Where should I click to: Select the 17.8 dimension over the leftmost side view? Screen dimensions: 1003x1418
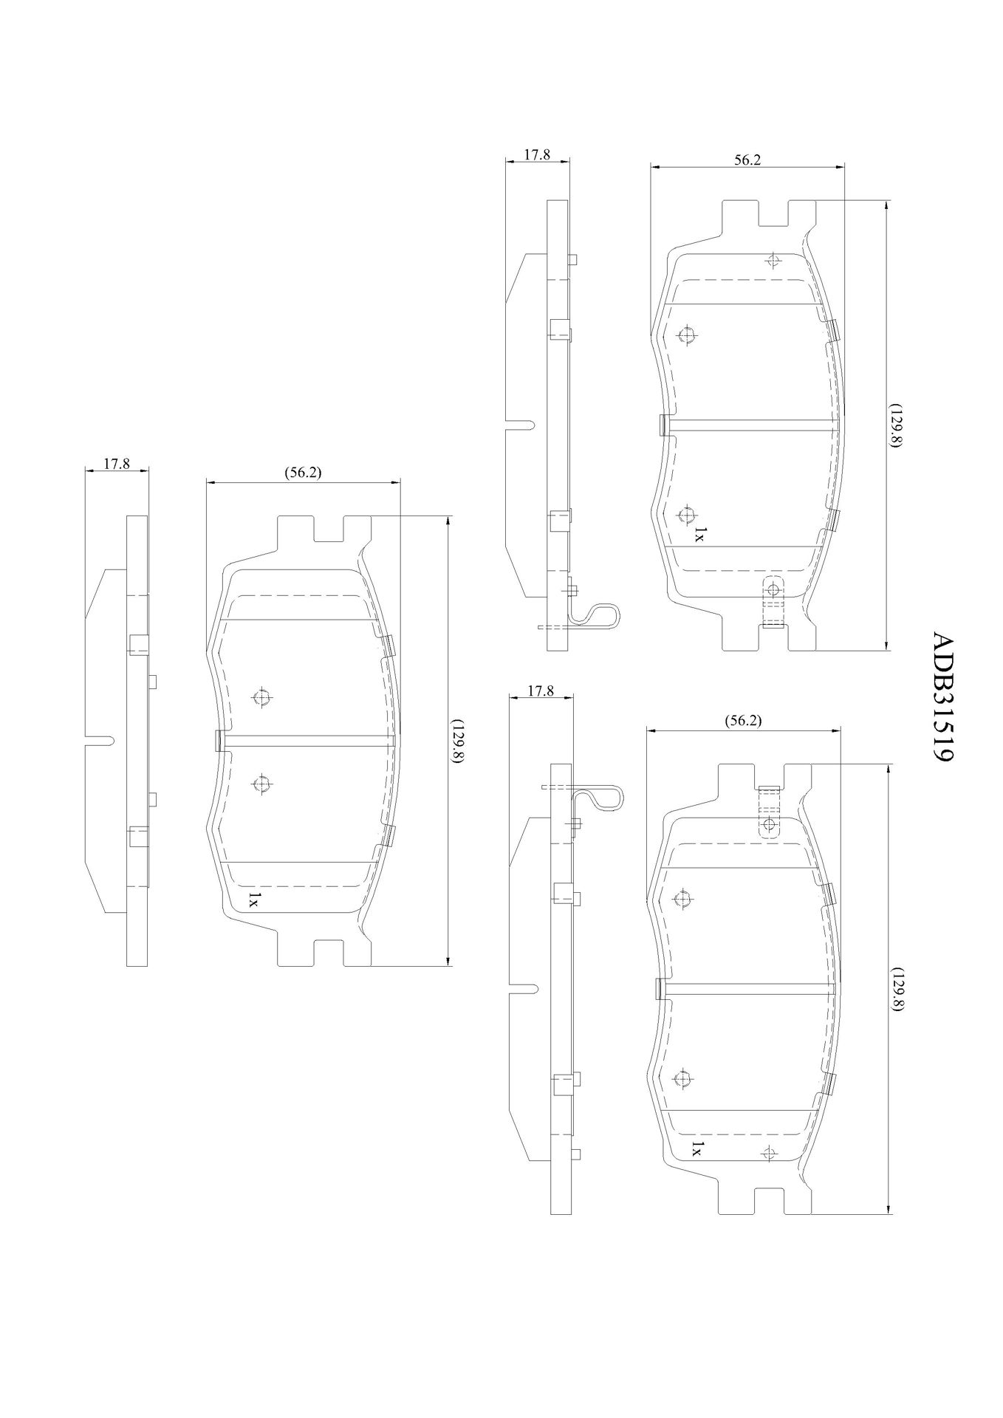pyautogui.click(x=117, y=465)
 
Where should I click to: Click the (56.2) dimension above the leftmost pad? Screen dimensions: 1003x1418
pyautogui.click(x=303, y=473)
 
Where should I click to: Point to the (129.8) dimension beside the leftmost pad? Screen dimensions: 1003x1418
pyautogui.click(x=459, y=741)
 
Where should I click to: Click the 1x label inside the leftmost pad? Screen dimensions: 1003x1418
pyautogui.click(x=253, y=898)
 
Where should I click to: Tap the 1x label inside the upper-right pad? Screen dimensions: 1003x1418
pyautogui.click(x=699, y=535)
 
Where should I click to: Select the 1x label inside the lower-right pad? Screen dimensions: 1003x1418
pyautogui.click(x=696, y=1169)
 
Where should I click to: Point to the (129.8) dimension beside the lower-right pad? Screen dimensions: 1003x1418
pyautogui.click(x=896, y=990)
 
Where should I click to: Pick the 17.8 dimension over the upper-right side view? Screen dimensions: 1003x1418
pyautogui.click(x=537, y=154)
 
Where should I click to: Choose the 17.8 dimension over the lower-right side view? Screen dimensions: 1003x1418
pyautogui.click(x=541, y=691)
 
